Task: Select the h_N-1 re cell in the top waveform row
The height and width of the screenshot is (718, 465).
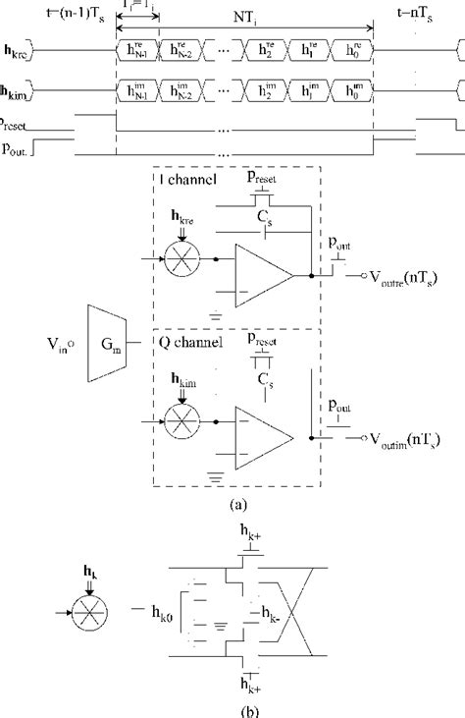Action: tap(137, 47)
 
